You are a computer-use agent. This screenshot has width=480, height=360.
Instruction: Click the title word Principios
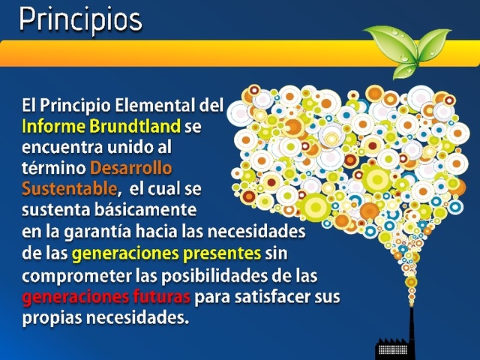click(80, 19)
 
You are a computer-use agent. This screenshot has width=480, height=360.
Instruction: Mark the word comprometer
click(70, 275)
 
